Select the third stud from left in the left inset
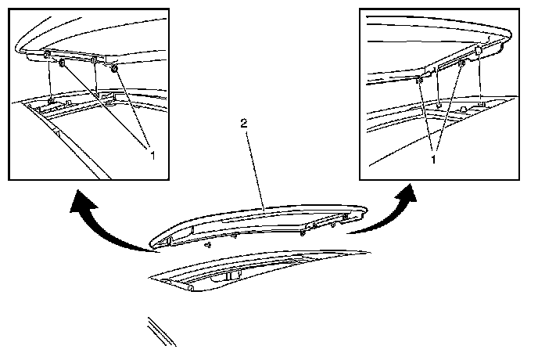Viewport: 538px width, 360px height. (x=93, y=60)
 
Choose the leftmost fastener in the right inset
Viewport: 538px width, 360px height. (x=421, y=80)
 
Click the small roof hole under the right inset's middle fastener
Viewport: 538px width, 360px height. (x=439, y=103)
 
